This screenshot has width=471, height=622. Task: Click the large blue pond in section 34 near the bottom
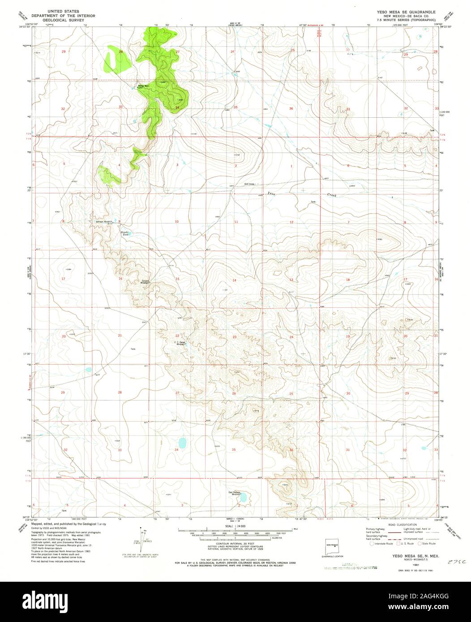point(183,443)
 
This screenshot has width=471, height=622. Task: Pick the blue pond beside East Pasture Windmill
point(244,497)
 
